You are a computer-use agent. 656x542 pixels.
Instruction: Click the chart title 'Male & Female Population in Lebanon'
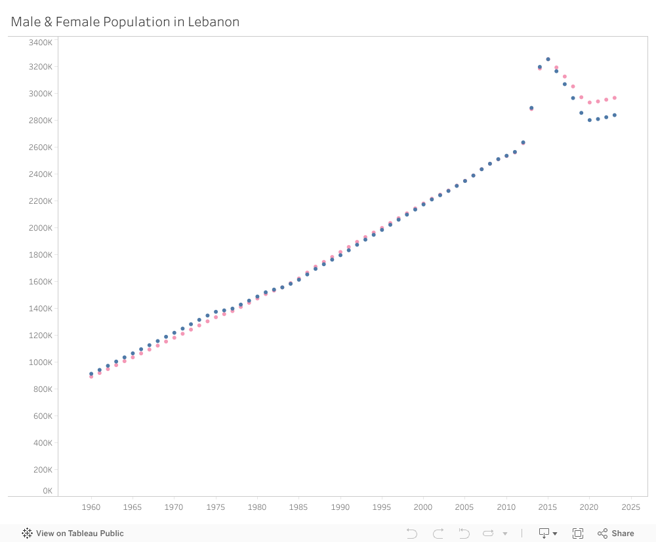125,22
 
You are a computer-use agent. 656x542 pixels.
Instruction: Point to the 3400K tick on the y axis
41,43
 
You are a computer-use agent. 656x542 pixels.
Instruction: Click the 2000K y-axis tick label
41,228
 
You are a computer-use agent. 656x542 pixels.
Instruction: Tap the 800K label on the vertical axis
43,389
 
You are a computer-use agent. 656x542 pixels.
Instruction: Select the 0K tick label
47,491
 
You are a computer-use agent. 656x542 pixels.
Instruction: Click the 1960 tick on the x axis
91,507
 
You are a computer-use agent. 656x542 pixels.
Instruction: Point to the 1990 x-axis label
340,507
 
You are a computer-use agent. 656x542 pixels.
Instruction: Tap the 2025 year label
630,507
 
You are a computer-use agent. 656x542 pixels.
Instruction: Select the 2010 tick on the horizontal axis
506,507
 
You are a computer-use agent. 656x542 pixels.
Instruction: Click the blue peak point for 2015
548,59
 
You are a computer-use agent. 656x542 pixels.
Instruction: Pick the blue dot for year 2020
590,120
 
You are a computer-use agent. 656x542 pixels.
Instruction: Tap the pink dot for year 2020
590,102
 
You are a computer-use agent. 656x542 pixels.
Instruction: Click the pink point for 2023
615,98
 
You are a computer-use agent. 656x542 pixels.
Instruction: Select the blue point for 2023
615,115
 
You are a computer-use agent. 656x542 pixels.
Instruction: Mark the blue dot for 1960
91,374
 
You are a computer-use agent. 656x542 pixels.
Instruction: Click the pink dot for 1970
174,338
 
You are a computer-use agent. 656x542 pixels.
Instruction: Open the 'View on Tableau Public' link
73,533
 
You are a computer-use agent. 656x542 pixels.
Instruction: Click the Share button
616,533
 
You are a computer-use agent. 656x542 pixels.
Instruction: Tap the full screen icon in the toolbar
578,533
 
